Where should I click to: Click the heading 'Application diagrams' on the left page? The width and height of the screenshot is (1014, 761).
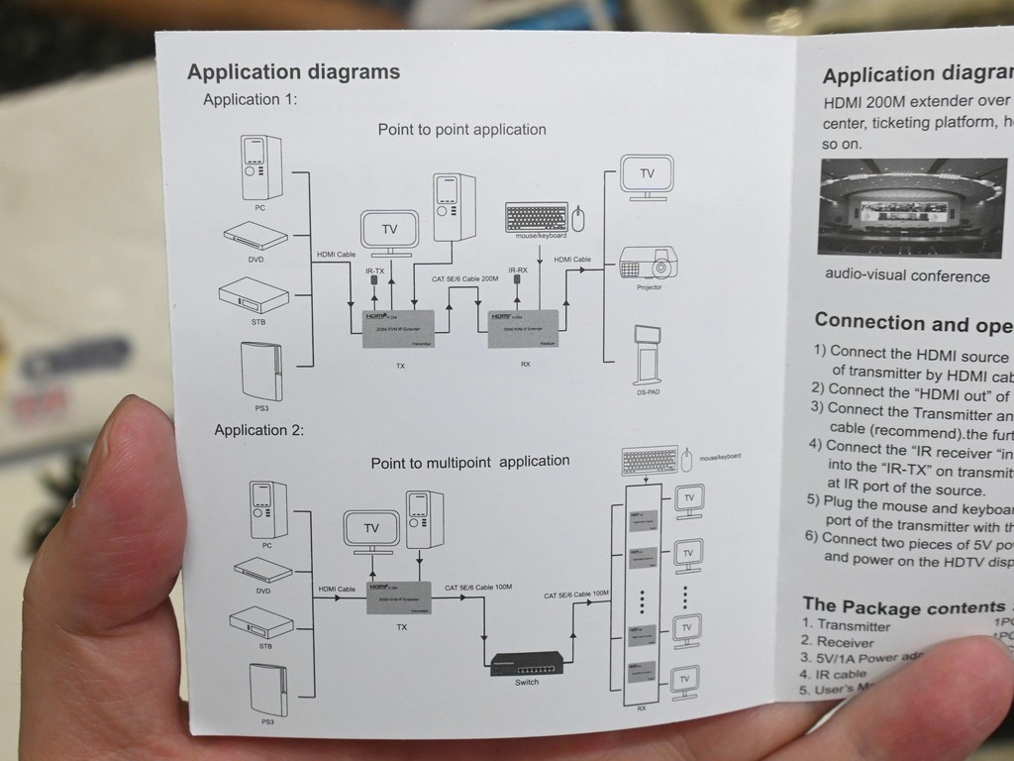pos(293,71)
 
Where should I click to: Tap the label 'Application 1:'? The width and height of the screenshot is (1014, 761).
pos(250,99)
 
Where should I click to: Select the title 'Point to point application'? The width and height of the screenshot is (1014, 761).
pos(461,130)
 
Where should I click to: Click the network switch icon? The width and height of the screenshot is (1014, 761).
pos(527,662)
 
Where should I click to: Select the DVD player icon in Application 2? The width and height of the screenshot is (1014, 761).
pos(262,569)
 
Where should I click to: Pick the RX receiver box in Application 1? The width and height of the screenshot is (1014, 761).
pos(524,328)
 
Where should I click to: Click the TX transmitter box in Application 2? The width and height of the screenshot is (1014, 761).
pos(401,597)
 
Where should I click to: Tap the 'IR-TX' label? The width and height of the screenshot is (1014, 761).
pos(374,271)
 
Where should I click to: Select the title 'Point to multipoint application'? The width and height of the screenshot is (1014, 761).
pos(469,462)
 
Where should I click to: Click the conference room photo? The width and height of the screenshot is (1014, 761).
pos(913,207)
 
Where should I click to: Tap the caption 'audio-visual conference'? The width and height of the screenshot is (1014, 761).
pos(906,276)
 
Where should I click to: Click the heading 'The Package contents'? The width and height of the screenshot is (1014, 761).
pos(906,606)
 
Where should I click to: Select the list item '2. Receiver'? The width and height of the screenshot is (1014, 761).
pos(840,642)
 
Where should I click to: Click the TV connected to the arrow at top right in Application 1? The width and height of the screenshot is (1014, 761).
pos(646,174)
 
